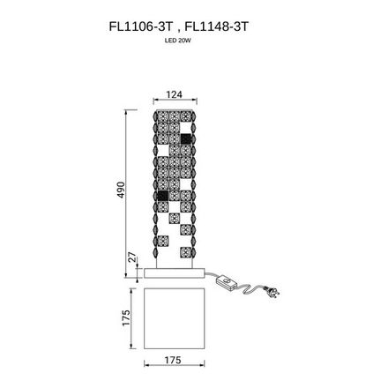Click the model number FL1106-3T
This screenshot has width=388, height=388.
pos(140,27)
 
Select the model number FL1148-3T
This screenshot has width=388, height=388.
pos(217,27)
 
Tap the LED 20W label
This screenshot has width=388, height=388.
pos(178,41)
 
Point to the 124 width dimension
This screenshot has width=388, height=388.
pos(175,94)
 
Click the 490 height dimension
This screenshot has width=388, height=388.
pos(121,190)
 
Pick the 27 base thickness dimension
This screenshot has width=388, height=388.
pos(133,257)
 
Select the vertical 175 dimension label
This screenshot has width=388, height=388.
pos(126,317)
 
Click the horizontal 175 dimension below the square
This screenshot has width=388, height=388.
pos(173,360)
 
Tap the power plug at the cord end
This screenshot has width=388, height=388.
pos(272,292)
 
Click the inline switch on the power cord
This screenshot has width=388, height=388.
pos(226,282)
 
